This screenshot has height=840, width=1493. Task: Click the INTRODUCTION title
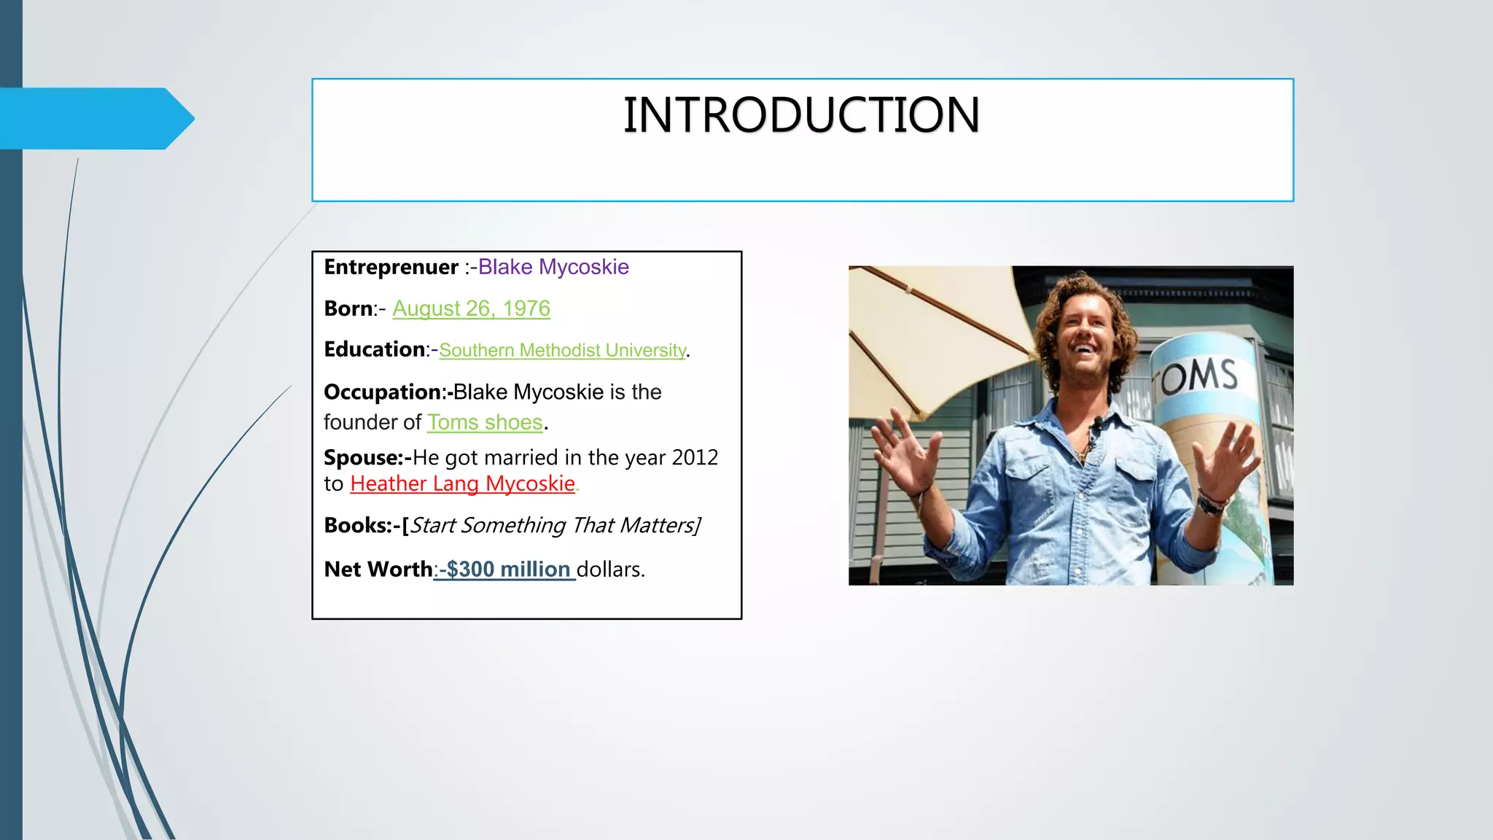pyautogui.click(x=801, y=115)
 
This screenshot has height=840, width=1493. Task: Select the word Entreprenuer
pyautogui.click(x=391, y=268)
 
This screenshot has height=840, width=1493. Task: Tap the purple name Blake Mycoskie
pyautogui.click(x=553, y=268)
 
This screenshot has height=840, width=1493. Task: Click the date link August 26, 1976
pyautogui.click(x=471, y=309)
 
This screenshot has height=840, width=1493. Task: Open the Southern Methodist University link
pyautogui.click(x=562, y=351)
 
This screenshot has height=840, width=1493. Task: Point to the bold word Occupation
pyautogui.click(x=383, y=392)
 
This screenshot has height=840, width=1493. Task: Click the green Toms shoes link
pyautogui.click(x=485, y=423)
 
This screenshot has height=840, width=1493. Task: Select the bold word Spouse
pyautogui.click(x=363, y=458)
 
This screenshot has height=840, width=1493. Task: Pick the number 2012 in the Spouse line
pyautogui.click(x=695, y=458)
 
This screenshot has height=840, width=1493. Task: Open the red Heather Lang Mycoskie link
pyautogui.click(x=462, y=484)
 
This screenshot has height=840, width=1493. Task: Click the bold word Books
pyautogui.click(x=357, y=526)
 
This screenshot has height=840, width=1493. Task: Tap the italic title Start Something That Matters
pyautogui.click(x=554, y=526)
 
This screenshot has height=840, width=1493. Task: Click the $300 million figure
pyautogui.click(x=508, y=569)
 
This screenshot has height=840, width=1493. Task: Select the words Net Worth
pyautogui.click(x=378, y=569)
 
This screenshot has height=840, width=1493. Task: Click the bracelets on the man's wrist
pyautogui.click(x=1210, y=502)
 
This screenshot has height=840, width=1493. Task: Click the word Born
pyautogui.click(x=348, y=309)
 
